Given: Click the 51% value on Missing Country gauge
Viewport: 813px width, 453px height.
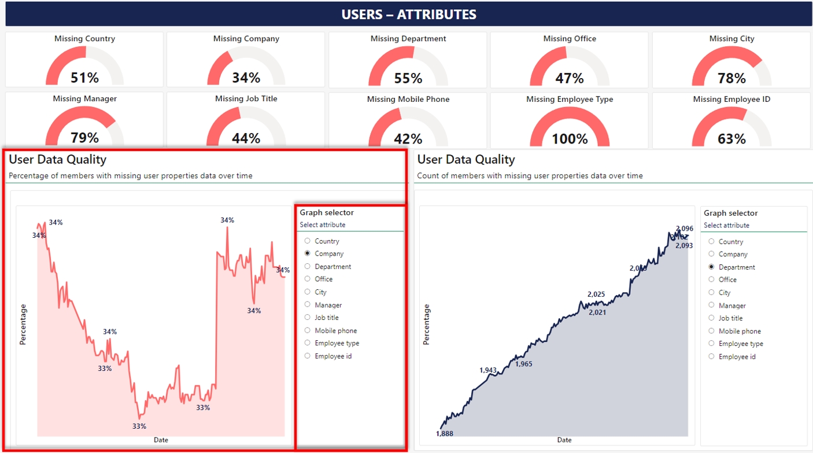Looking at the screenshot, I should pyautogui.click(x=84, y=78).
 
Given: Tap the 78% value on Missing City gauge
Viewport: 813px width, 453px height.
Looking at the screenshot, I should pyautogui.click(x=731, y=78).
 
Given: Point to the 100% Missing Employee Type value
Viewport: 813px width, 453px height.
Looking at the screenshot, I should pyautogui.click(x=570, y=138).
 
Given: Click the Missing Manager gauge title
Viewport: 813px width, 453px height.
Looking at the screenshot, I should pyautogui.click(x=84, y=99).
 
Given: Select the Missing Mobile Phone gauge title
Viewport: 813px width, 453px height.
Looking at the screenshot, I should pyautogui.click(x=408, y=99).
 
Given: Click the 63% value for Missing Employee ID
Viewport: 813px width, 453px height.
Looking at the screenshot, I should pyautogui.click(x=731, y=138).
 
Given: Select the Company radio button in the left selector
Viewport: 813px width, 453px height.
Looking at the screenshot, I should pyautogui.click(x=308, y=253).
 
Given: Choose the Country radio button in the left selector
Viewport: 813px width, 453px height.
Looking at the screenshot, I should pyautogui.click(x=308, y=241).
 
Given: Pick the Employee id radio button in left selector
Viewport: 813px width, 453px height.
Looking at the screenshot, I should pyautogui.click(x=308, y=356).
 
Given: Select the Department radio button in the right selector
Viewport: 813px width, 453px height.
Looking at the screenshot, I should pyautogui.click(x=712, y=267).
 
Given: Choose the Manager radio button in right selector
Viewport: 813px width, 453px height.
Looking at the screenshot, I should pyautogui.click(x=712, y=305).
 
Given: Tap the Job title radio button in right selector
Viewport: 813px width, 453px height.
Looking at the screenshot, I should pyautogui.click(x=712, y=318).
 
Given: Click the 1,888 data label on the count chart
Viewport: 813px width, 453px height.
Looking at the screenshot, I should pyautogui.click(x=444, y=433).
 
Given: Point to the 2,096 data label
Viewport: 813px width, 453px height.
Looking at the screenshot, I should pyautogui.click(x=684, y=229).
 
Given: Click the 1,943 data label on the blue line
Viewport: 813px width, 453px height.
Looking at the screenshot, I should pyautogui.click(x=488, y=370).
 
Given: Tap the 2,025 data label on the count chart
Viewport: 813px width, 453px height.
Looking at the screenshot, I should pyautogui.click(x=596, y=294).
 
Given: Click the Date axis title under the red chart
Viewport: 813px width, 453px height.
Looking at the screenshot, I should pyautogui.click(x=161, y=440).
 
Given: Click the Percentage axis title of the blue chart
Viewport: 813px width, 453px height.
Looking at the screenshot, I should pyautogui.click(x=427, y=325).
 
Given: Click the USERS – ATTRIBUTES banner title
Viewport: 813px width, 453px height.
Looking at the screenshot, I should pyautogui.click(x=409, y=14).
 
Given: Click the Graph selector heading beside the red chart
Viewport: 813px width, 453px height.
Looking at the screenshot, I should pyautogui.click(x=327, y=213).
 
